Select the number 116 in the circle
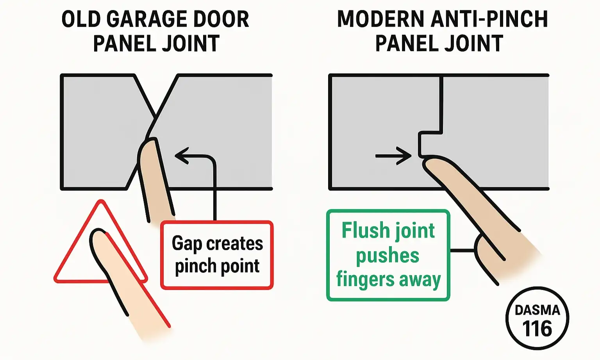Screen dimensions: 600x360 click(x=537, y=329)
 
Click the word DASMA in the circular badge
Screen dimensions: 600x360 click(x=537, y=310)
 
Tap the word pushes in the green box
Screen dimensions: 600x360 click(x=387, y=256)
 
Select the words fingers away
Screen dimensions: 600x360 click(x=388, y=280)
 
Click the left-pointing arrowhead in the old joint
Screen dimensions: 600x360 click(x=181, y=156)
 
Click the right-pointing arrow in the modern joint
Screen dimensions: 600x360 click(x=395, y=156)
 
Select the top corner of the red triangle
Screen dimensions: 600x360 click(x=101, y=203)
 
